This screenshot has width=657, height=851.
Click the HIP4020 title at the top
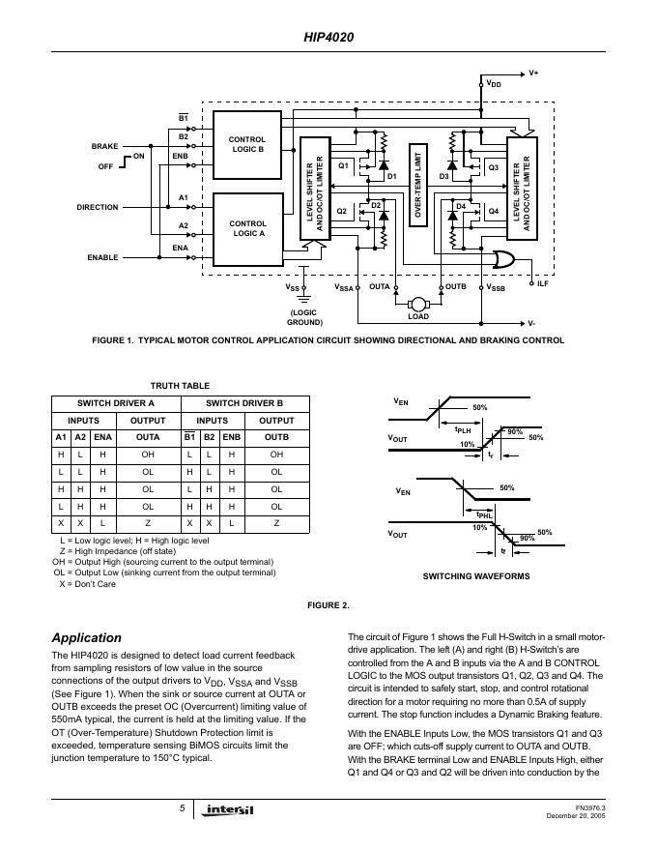click(x=328, y=38)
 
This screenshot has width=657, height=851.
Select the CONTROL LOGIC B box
click(x=246, y=145)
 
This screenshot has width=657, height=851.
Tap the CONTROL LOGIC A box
click(x=246, y=228)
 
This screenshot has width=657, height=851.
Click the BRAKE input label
click(x=104, y=146)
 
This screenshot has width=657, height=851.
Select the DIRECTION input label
click(x=97, y=207)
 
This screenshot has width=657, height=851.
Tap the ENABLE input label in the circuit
click(x=102, y=257)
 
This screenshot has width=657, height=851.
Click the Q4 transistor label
click(x=493, y=210)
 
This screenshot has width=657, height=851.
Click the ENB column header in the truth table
click(x=231, y=436)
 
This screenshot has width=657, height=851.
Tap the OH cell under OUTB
click(x=276, y=454)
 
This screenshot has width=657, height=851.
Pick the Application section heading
click(x=86, y=637)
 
